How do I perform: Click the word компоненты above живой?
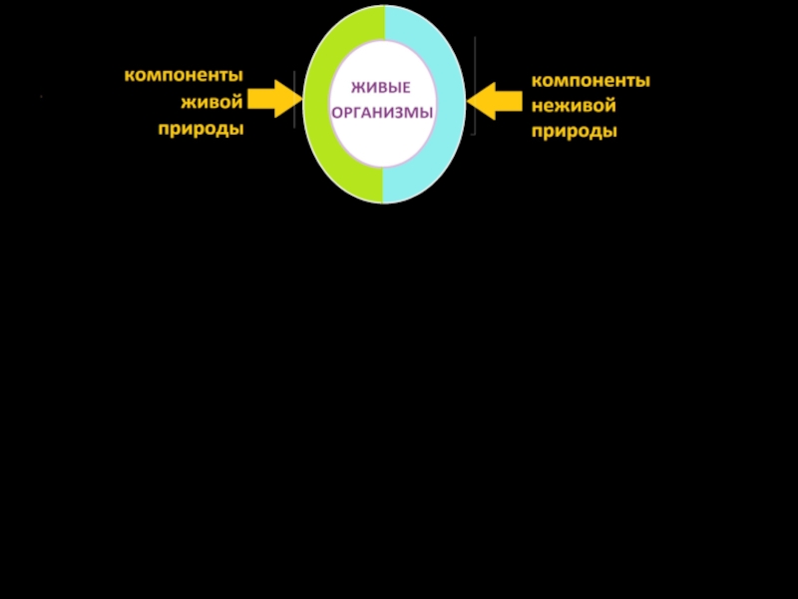(x=184, y=75)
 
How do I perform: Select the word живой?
(x=212, y=102)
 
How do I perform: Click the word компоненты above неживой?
(x=591, y=80)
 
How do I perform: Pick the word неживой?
(x=573, y=106)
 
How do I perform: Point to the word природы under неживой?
(x=574, y=132)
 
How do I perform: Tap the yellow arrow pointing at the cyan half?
(x=495, y=100)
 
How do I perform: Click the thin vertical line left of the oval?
(x=294, y=100)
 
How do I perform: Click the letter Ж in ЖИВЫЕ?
(x=355, y=89)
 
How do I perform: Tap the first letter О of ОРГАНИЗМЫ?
(x=336, y=113)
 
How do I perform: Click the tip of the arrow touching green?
(x=300, y=98)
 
